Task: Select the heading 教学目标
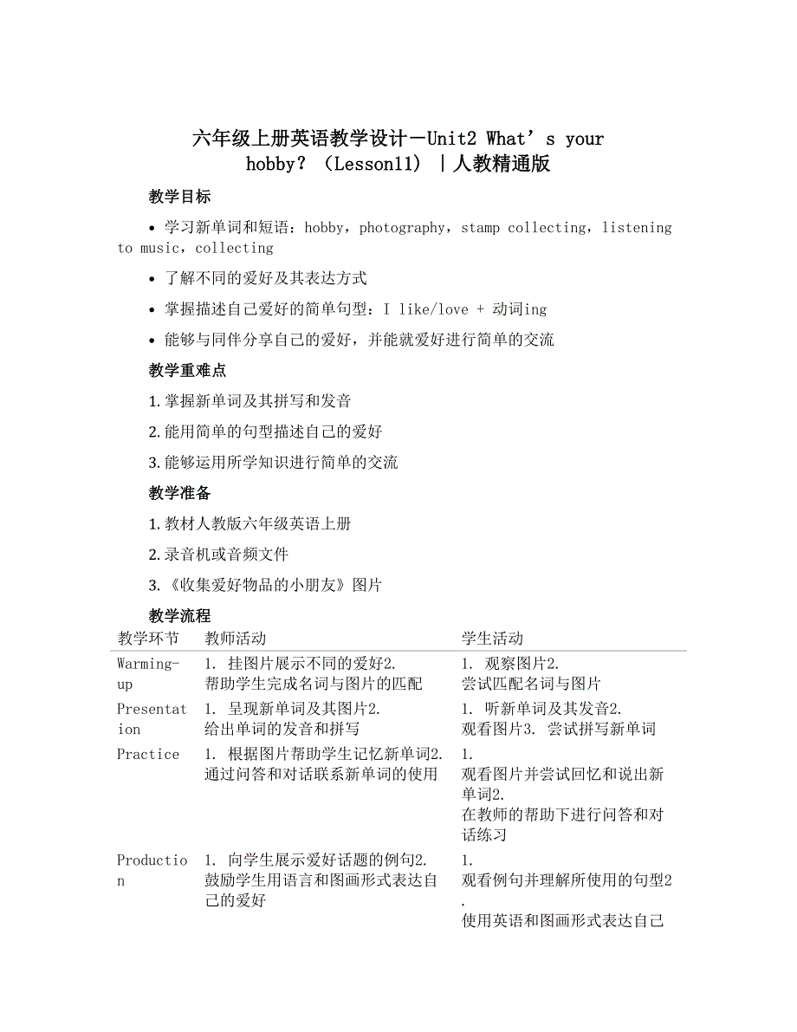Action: pyautogui.click(x=179, y=197)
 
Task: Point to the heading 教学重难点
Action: pyautogui.click(x=187, y=370)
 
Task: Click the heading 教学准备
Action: pyautogui.click(x=179, y=493)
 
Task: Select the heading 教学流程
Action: pyautogui.click(x=179, y=616)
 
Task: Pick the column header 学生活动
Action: pyautogui.click(x=492, y=639)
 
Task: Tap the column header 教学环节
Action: pyautogui.click(x=148, y=639)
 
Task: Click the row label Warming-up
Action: pyautogui.click(x=148, y=673)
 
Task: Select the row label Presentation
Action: pyautogui.click(x=152, y=718)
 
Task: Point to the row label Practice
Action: pyautogui.click(x=148, y=754)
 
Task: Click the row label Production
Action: pyautogui.click(x=152, y=870)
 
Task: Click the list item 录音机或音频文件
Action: pyautogui.click(x=226, y=555)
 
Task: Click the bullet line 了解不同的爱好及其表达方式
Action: pyautogui.click(x=265, y=278)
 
